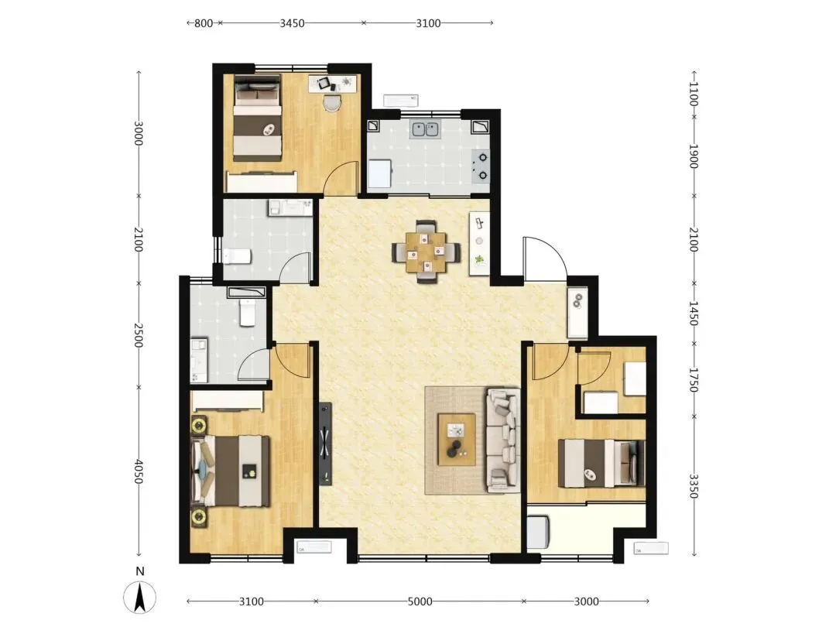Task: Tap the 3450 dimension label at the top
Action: [292, 23]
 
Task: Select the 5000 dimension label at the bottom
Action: [420, 601]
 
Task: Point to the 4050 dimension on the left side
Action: [139, 471]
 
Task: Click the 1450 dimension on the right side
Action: [693, 313]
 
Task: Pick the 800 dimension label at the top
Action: [204, 23]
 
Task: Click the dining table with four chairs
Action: [426, 252]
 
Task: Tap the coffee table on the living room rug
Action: [457, 440]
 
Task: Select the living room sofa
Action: [503, 440]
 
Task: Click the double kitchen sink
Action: [424, 129]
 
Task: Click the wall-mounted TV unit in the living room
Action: [325, 444]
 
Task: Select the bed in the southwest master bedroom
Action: [231, 471]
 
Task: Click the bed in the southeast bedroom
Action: [601, 463]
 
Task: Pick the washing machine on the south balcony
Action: [539, 532]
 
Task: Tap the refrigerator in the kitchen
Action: [379, 174]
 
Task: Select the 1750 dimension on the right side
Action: [693, 380]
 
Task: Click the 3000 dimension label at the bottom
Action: [587, 601]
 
